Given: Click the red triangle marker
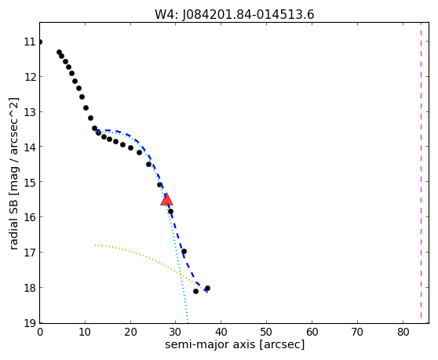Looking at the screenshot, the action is click(166, 199).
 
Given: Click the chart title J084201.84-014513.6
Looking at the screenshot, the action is click(248, 15).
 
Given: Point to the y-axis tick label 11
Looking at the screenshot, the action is click(30, 42).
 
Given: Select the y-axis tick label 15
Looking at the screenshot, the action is click(30, 182).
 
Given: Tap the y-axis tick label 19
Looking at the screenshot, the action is click(30, 323).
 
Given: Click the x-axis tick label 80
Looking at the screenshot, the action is click(403, 332).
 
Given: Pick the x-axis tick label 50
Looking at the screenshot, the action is click(266, 332).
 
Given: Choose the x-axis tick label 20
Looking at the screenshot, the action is click(130, 332).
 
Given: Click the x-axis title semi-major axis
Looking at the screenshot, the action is click(210, 344).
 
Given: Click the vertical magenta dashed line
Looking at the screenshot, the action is click(421, 170).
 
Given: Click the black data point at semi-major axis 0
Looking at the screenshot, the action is click(40, 42).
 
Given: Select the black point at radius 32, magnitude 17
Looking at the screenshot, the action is click(184, 252).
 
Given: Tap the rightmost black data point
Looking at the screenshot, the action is click(207, 289).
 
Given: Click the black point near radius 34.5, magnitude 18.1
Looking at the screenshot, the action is click(195, 291).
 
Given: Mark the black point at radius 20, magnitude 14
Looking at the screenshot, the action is click(130, 148).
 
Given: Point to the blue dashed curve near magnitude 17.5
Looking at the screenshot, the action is click(189, 269).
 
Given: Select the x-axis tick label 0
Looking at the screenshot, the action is click(40, 332).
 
